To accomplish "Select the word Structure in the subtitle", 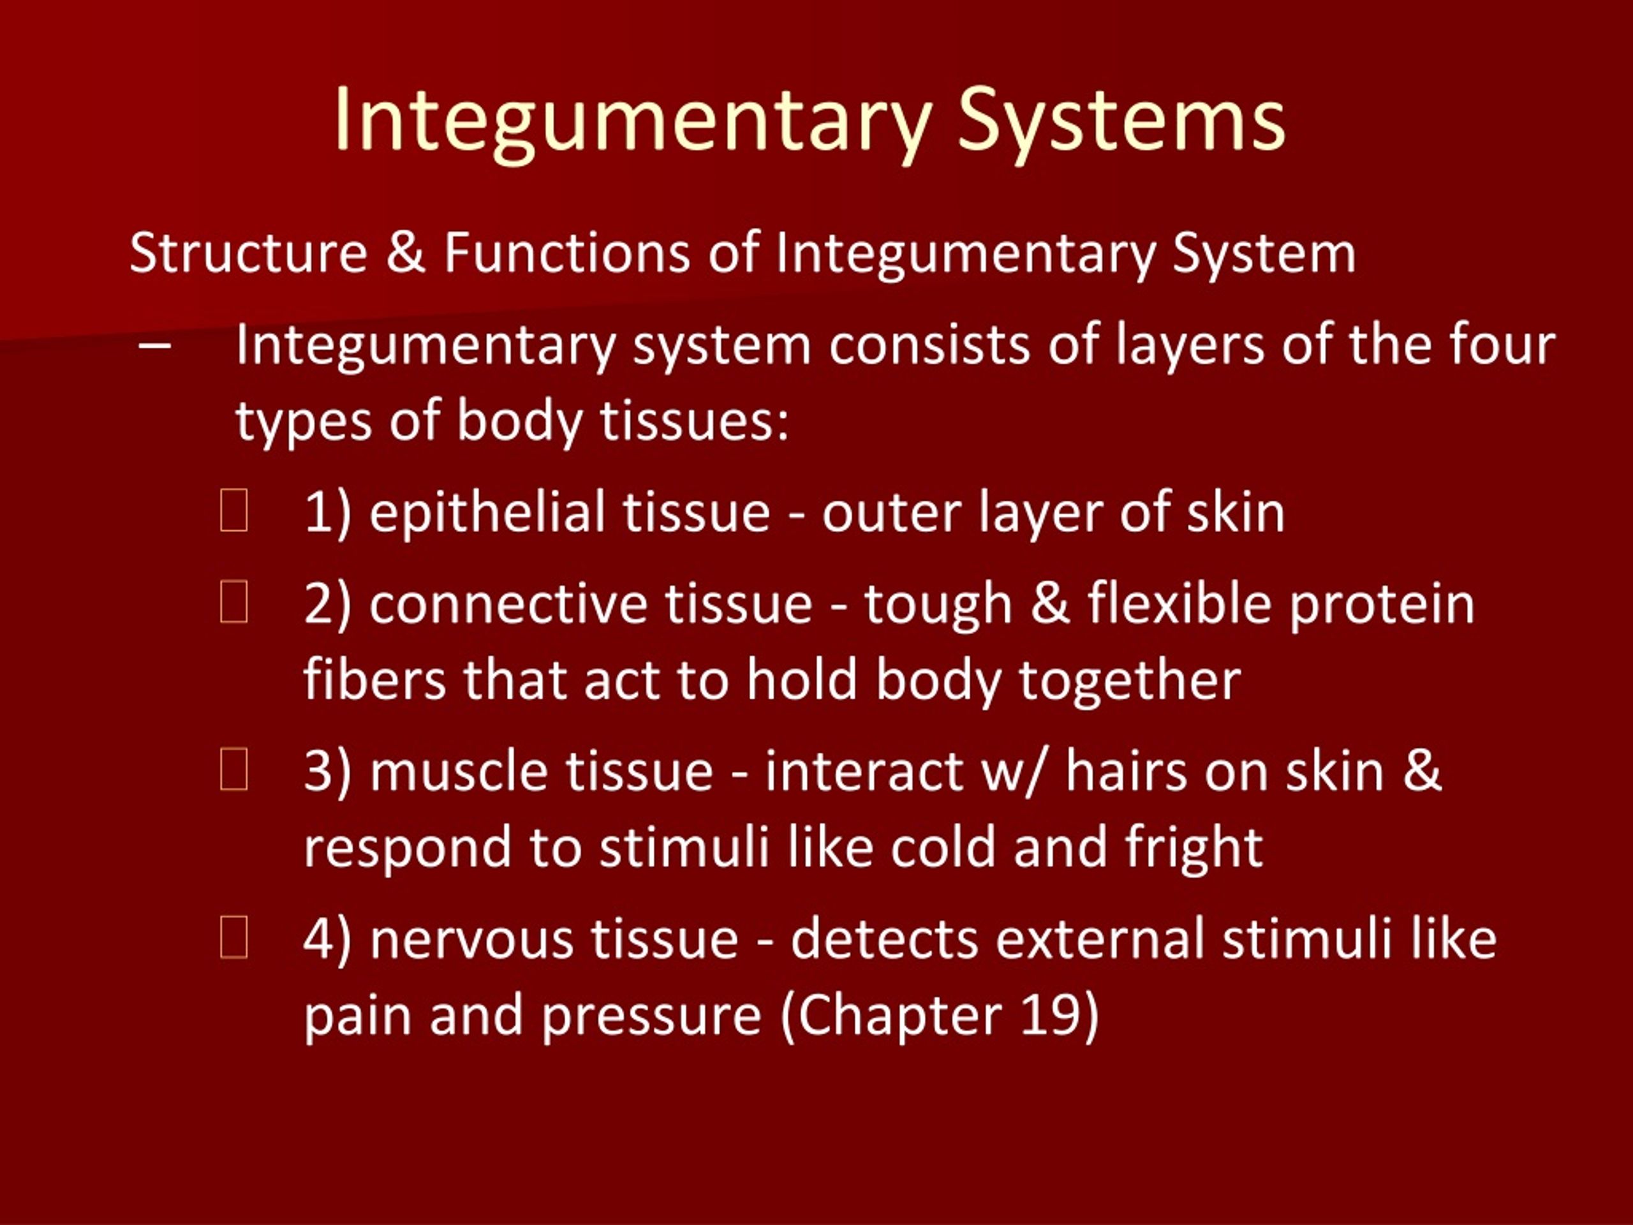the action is pyautogui.click(x=248, y=253).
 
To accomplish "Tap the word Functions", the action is pyautogui.click(x=566, y=253).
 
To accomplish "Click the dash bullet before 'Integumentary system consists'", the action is pyautogui.click(x=155, y=346).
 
